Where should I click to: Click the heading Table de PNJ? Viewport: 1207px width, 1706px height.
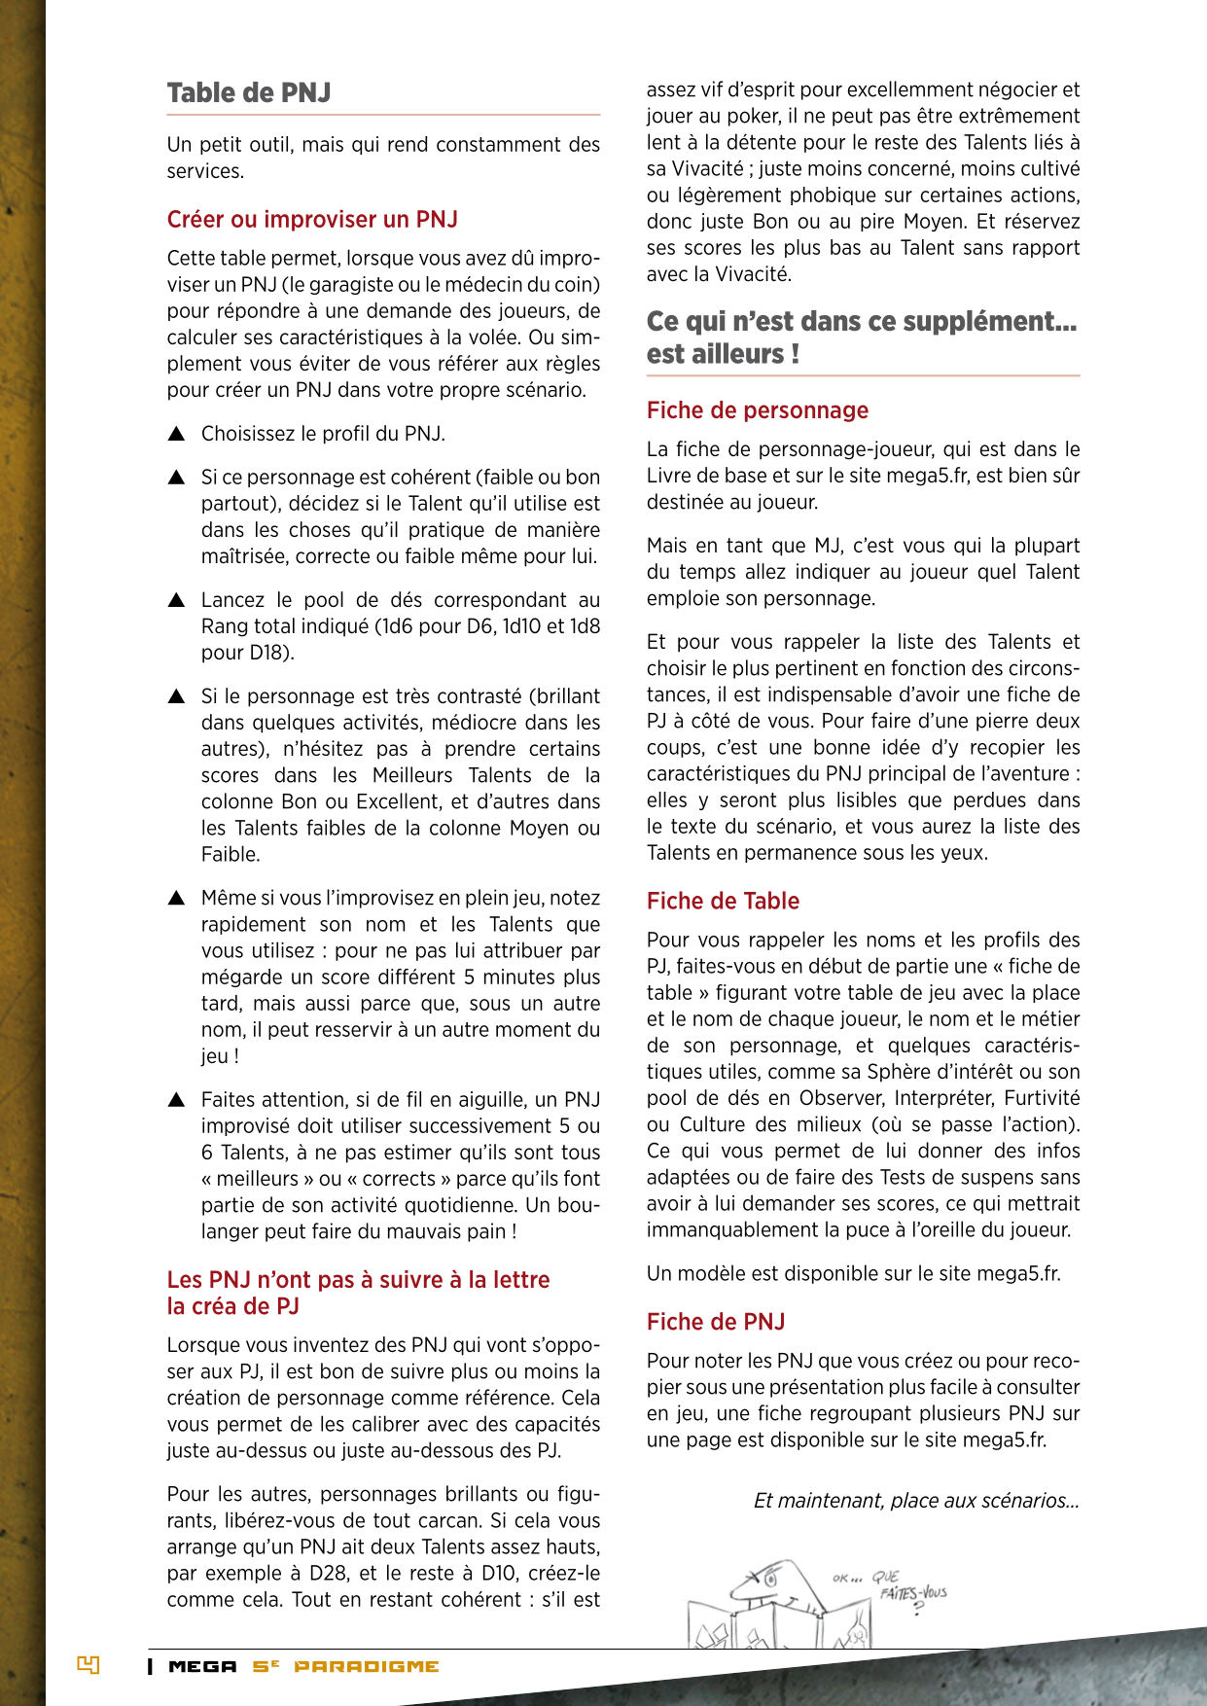coord(249,93)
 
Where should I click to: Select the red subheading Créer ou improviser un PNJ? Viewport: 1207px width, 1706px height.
coord(312,220)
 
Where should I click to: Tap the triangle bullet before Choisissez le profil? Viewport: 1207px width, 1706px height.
coord(176,434)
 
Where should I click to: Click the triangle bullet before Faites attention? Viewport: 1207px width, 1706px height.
coord(176,1100)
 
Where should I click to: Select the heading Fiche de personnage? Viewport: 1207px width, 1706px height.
coord(757,410)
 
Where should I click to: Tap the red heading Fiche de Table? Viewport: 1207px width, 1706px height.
coord(723,902)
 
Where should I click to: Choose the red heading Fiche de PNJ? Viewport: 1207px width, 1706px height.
coord(715,1323)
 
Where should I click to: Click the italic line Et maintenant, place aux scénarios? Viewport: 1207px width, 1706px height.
coord(916,1501)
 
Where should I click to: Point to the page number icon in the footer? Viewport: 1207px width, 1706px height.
coord(89,1665)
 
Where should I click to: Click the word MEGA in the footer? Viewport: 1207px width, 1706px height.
coord(202,1666)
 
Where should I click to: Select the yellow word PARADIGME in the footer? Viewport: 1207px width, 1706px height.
coord(367,1666)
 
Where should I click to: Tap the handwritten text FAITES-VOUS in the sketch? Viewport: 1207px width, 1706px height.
coord(912,1593)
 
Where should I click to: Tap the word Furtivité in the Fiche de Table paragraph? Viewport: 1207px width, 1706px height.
coord(1041,1098)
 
